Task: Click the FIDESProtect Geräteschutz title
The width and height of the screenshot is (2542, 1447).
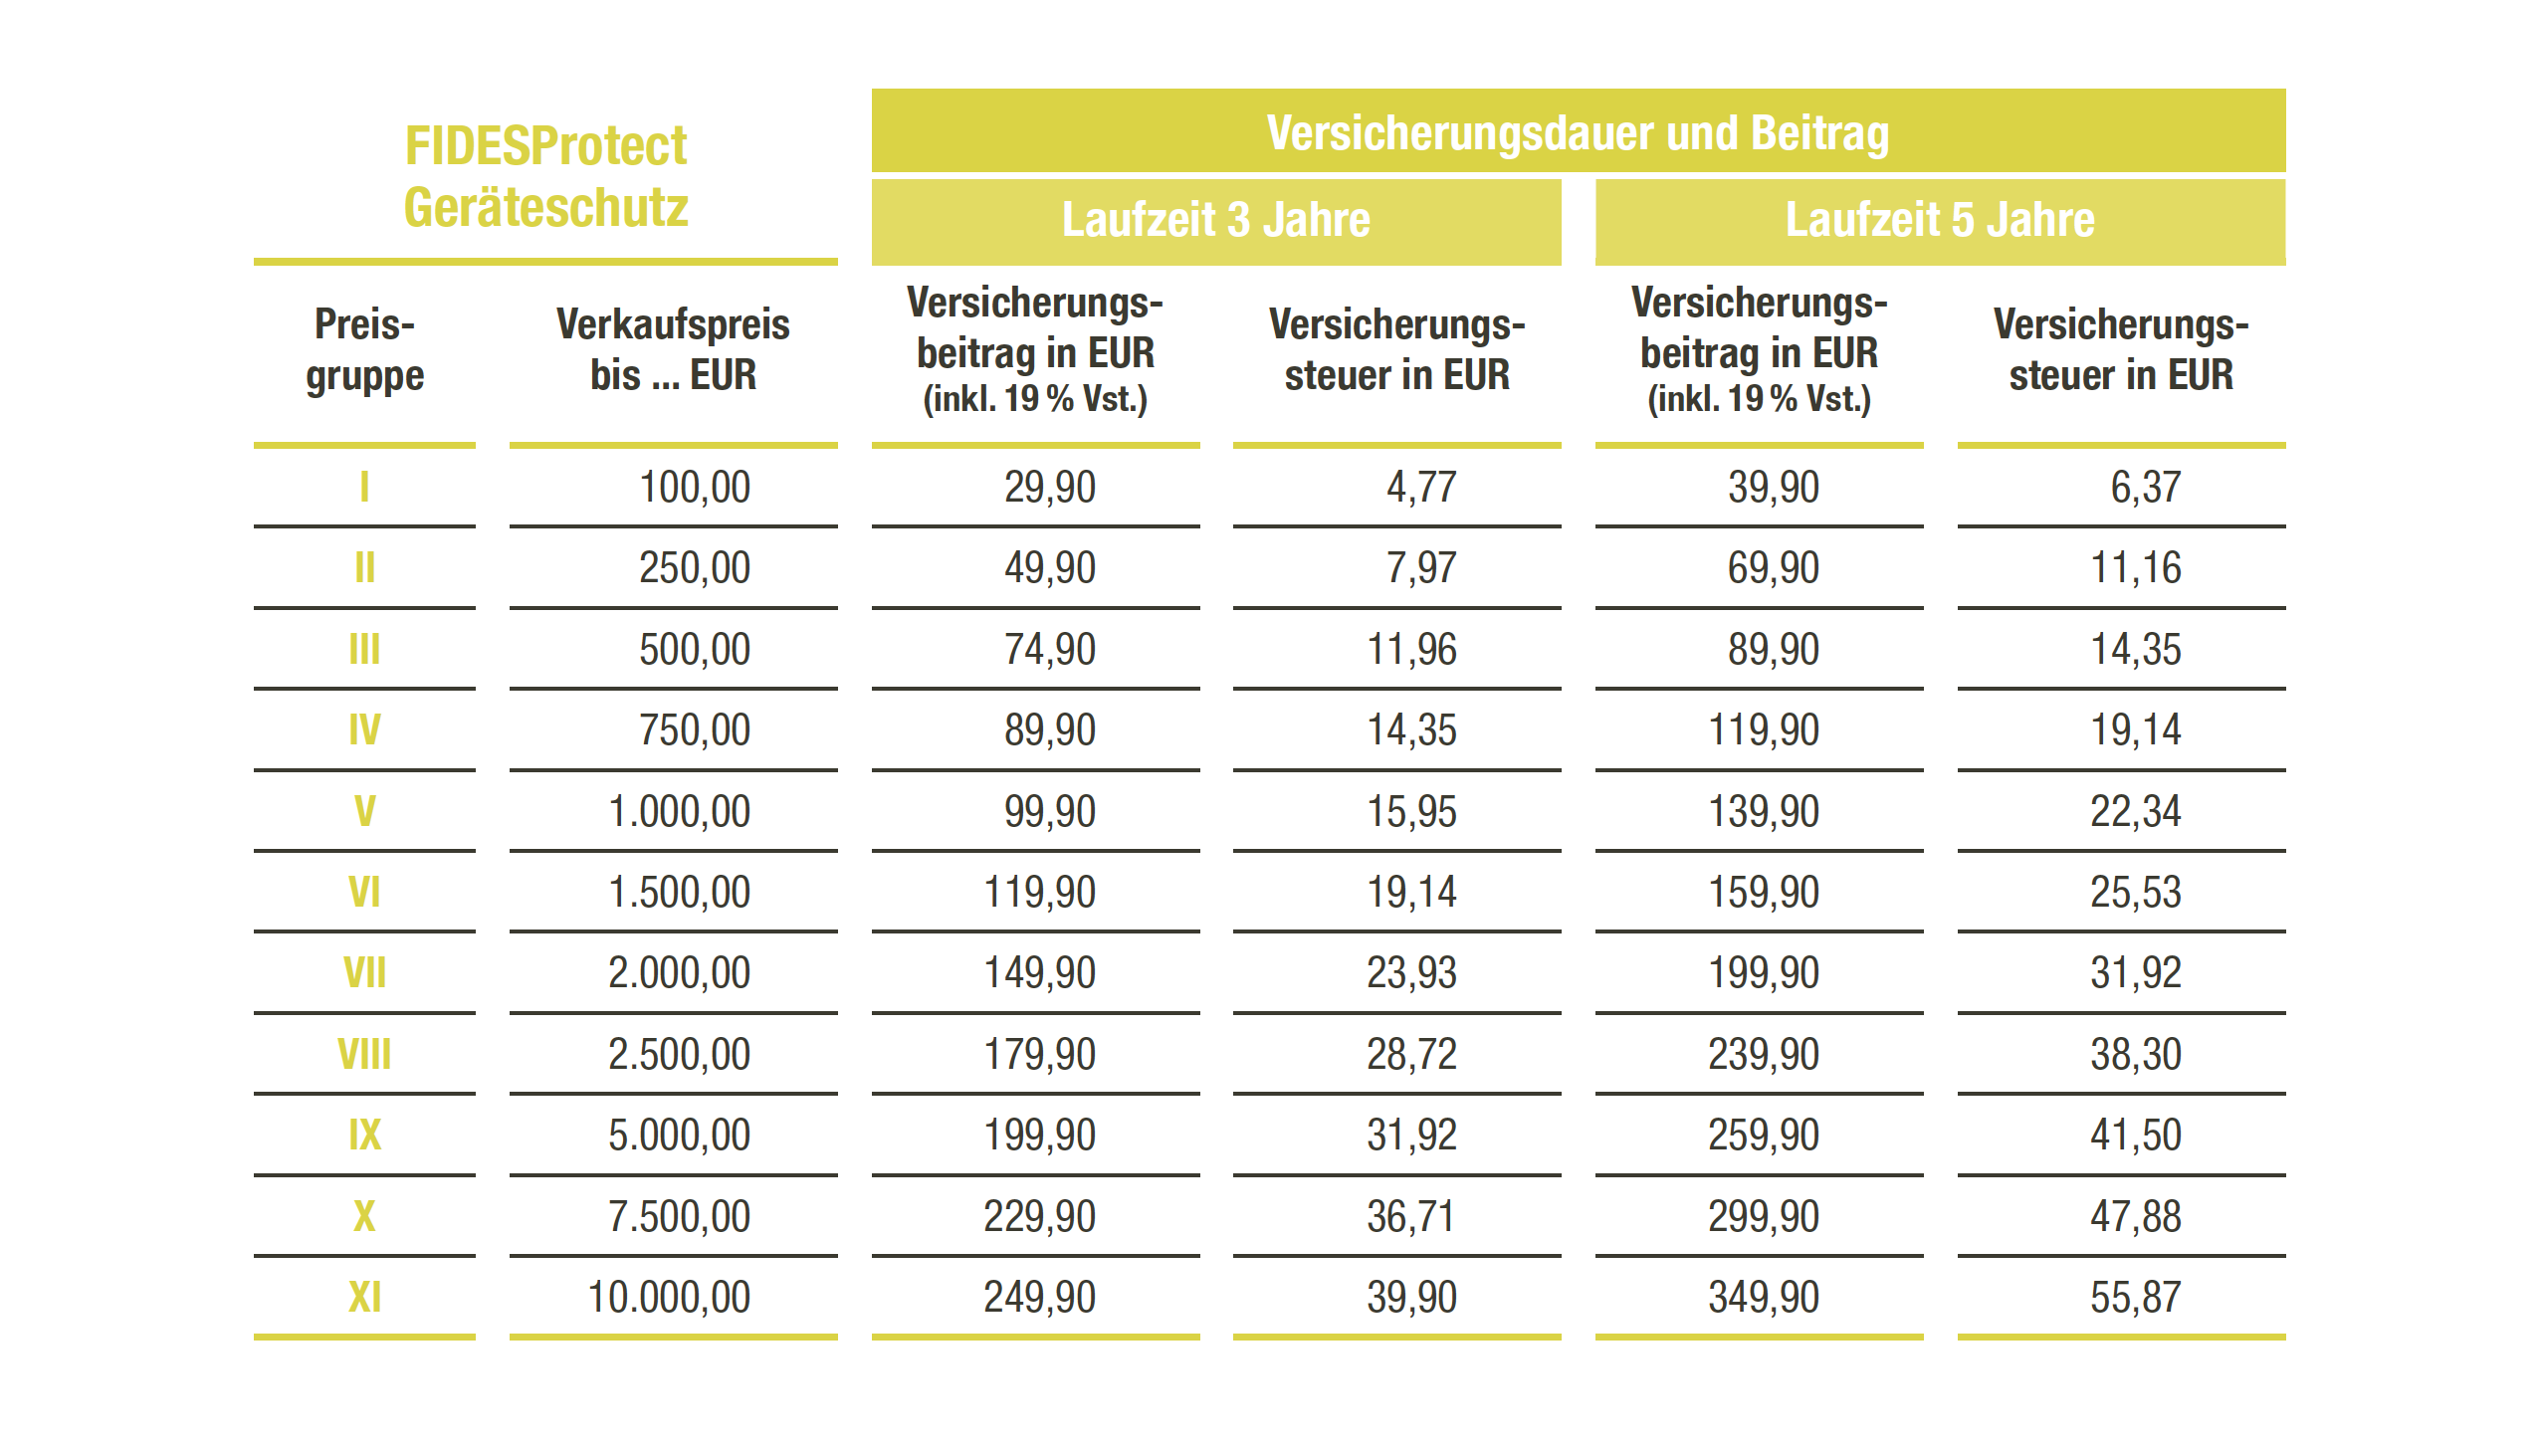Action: click(x=545, y=176)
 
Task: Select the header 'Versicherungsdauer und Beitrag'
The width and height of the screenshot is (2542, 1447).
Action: click(x=1578, y=132)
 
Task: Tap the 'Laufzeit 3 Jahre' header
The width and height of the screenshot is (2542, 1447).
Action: click(x=1215, y=219)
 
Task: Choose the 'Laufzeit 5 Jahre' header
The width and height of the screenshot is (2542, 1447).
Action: click(x=1939, y=219)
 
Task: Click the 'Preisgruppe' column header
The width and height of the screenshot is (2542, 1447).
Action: click(x=364, y=349)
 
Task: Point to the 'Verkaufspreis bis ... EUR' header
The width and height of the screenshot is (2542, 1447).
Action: click(x=673, y=349)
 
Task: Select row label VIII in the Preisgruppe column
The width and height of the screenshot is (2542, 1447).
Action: click(x=364, y=1054)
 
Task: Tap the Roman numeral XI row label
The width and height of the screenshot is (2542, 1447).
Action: click(x=364, y=1297)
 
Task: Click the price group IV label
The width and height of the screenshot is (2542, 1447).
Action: click(x=364, y=729)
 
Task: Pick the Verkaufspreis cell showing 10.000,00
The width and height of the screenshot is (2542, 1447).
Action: click(x=669, y=1297)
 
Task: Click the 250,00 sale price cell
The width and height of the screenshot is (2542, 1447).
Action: click(x=694, y=567)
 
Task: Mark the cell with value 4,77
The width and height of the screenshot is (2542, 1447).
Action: click(x=1420, y=487)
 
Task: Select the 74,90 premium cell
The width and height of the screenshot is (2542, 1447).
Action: click(x=1049, y=649)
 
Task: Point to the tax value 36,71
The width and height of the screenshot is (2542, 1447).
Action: click(x=1410, y=1216)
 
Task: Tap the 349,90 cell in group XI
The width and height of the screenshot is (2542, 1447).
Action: click(x=1763, y=1297)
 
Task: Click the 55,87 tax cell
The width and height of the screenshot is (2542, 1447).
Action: click(x=2135, y=1297)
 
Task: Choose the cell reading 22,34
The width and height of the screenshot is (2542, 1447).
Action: click(x=2135, y=811)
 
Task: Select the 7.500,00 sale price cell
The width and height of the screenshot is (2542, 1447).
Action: click(x=679, y=1216)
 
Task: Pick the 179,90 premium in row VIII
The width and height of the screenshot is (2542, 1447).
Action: click(x=1039, y=1054)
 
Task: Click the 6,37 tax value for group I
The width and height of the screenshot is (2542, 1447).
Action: click(x=2145, y=487)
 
